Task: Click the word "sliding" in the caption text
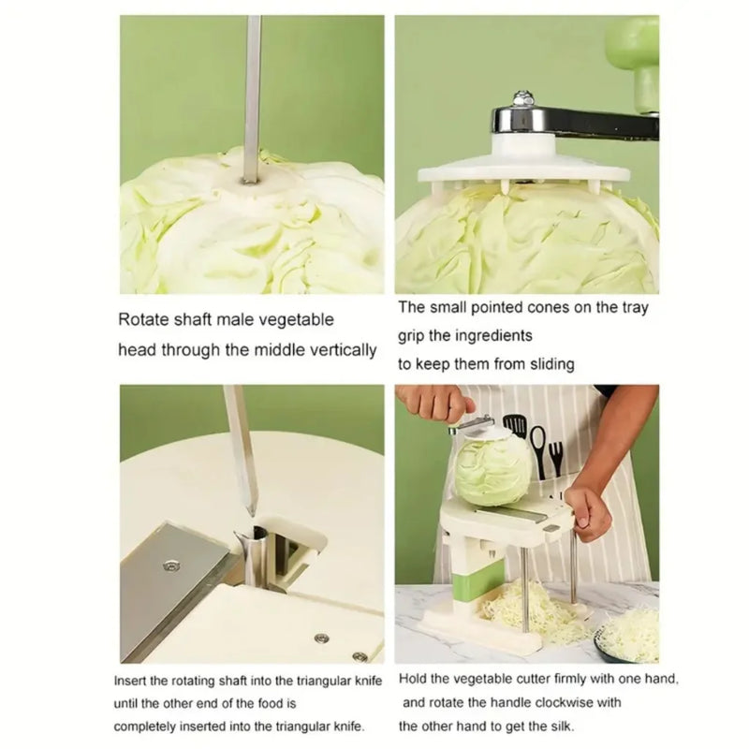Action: [x=549, y=364]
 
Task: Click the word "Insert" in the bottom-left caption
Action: [x=132, y=681]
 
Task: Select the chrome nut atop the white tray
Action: [x=523, y=98]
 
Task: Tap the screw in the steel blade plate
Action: [x=170, y=565]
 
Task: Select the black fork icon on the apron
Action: [x=556, y=456]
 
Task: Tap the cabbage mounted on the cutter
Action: [x=492, y=468]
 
